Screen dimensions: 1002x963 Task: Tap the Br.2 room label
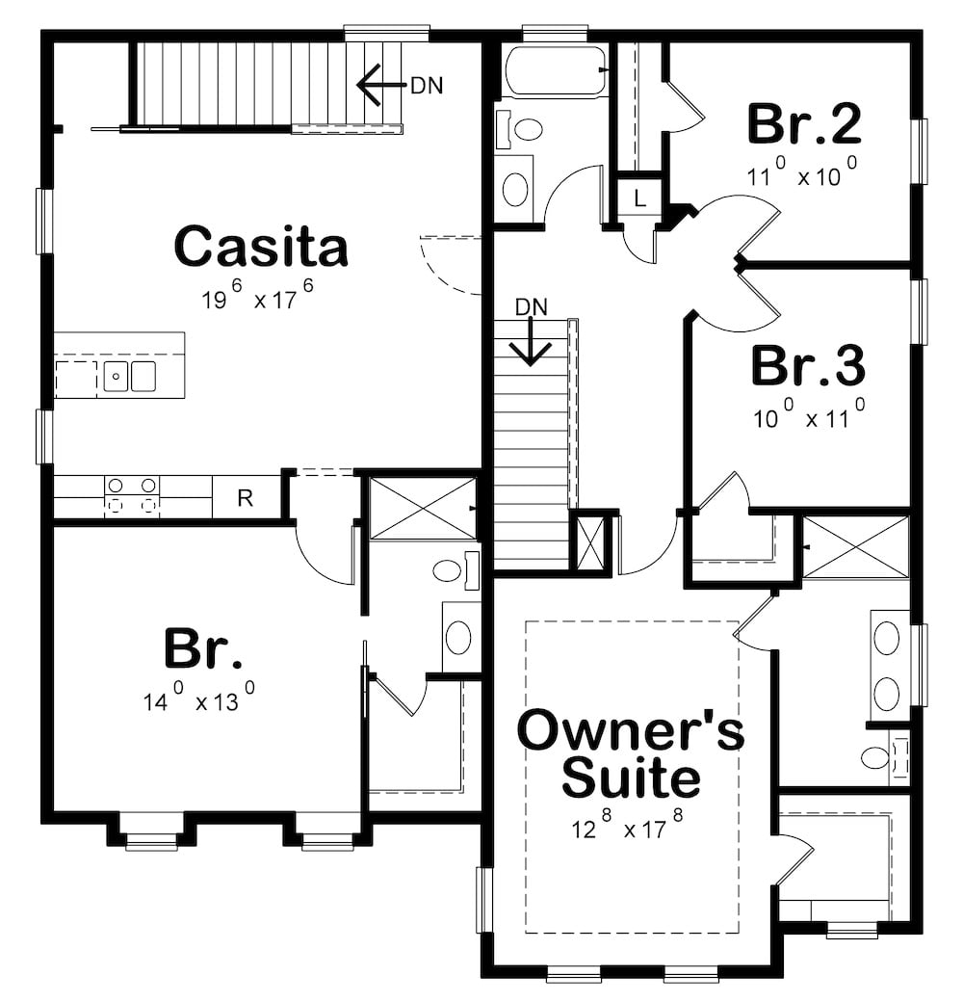pyautogui.click(x=804, y=124)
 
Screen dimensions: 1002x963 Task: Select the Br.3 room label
pyautogui.click(x=807, y=366)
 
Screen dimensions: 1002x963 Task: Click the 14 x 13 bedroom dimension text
pyautogui.click(x=199, y=698)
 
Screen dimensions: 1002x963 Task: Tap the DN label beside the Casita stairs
pyautogui.click(x=427, y=85)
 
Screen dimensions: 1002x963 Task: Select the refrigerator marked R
pyautogui.click(x=246, y=498)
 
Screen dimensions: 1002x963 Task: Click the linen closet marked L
pyautogui.click(x=639, y=200)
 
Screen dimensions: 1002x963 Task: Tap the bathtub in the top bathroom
pyautogui.click(x=555, y=70)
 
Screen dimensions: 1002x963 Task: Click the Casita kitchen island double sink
pyautogui.click(x=130, y=376)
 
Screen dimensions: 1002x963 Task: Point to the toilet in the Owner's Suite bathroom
pyautogui.click(x=877, y=757)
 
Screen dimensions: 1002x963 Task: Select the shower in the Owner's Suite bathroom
pyautogui.click(x=855, y=547)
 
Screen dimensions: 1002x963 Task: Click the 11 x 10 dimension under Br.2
pyautogui.click(x=801, y=175)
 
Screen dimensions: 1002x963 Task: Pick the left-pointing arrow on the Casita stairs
pyautogui.click(x=378, y=84)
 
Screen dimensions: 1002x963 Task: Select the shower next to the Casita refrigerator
pyautogui.click(x=423, y=508)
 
